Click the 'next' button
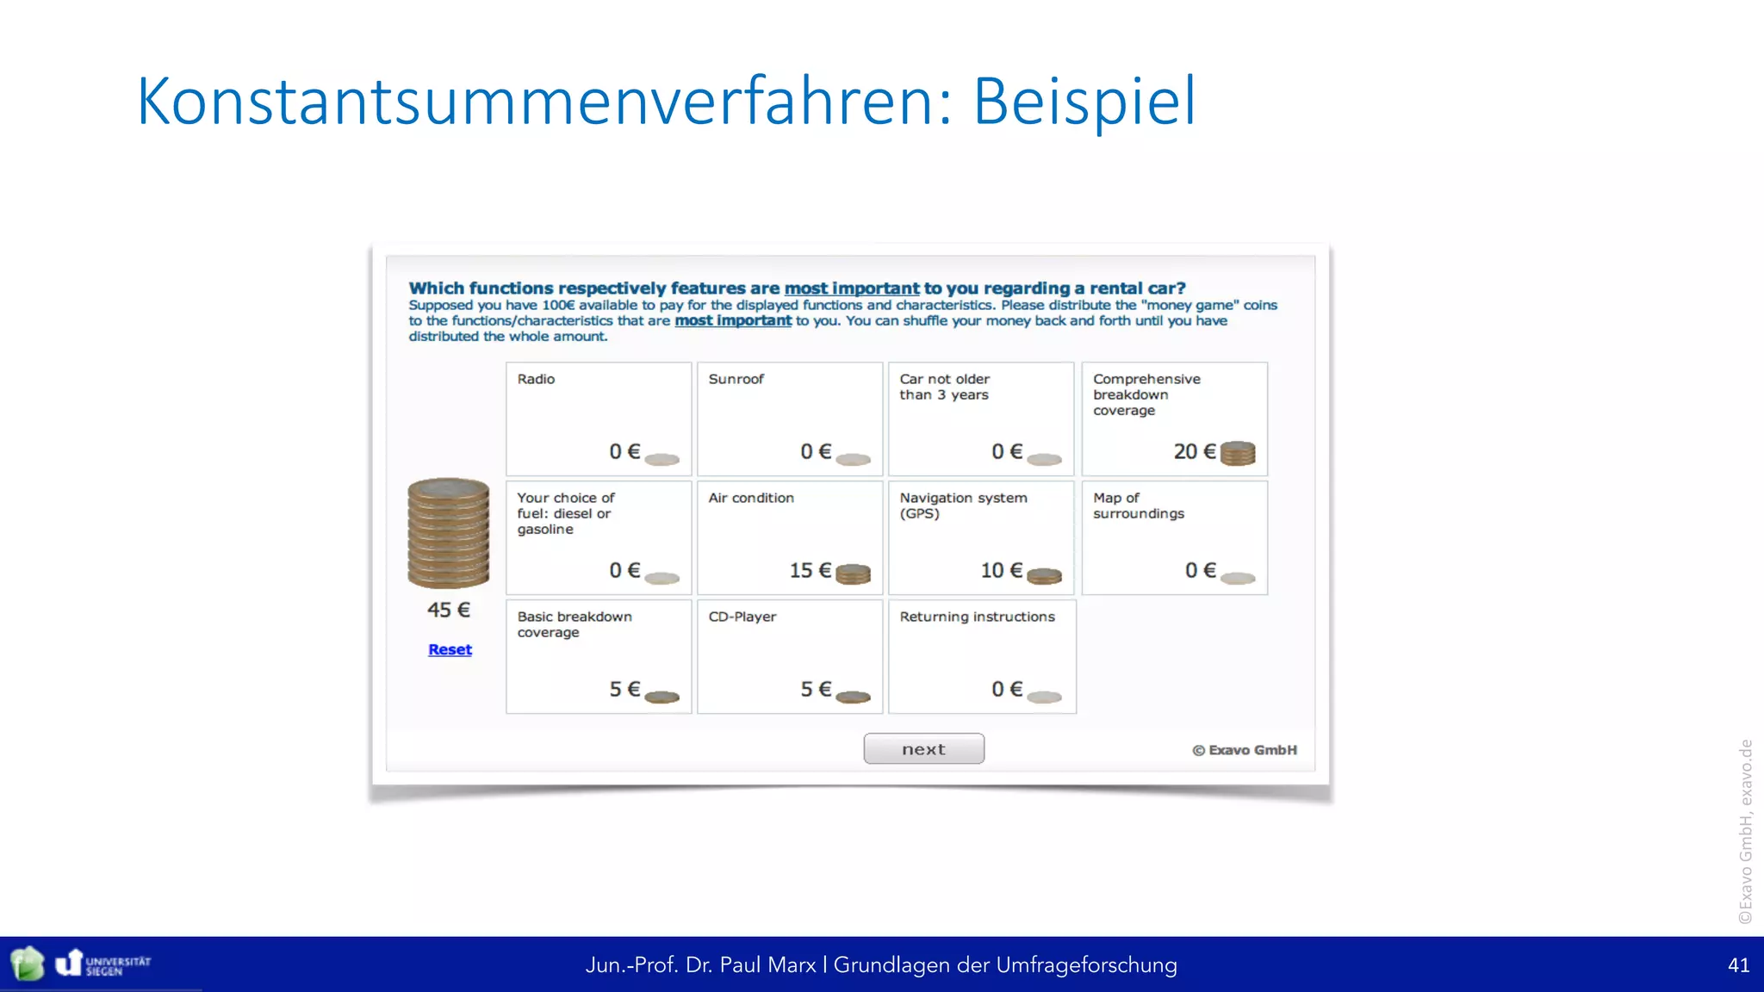click(x=923, y=749)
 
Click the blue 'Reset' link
click(x=450, y=649)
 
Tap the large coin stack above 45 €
click(x=448, y=533)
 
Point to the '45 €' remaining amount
click(x=449, y=610)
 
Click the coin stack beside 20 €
click(x=1238, y=453)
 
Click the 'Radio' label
click(x=536, y=379)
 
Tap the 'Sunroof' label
click(x=736, y=379)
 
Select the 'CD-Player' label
click(x=742, y=617)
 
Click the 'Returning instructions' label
click(x=977, y=617)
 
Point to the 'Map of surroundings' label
click(x=1138, y=505)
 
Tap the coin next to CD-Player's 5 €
click(x=853, y=697)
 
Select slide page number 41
click(x=1738, y=965)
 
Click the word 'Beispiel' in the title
click(x=1084, y=102)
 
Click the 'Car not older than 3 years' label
click(x=944, y=387)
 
